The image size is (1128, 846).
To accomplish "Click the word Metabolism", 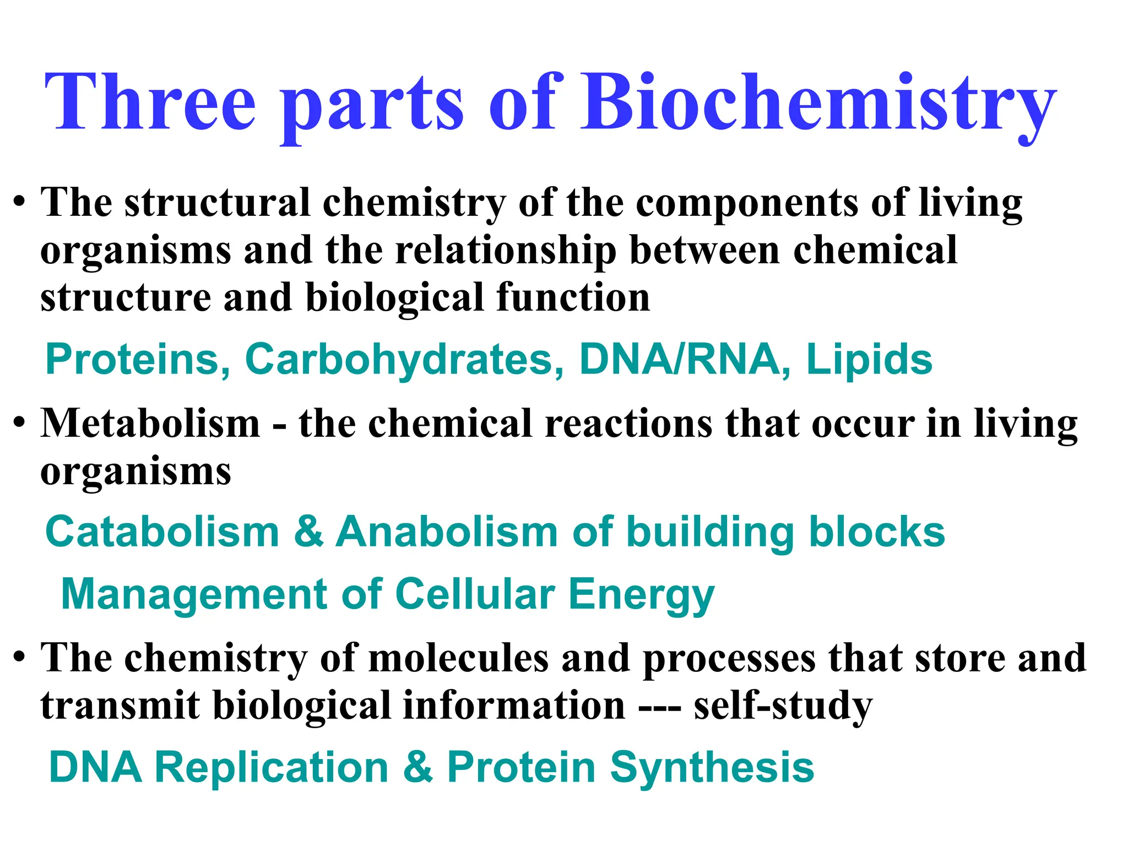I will tap(150, 424).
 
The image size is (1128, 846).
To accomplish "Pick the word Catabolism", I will tap(162, 532).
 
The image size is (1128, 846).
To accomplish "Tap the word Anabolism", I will tap(447, 532).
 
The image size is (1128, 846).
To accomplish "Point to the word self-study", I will tap(783, 707).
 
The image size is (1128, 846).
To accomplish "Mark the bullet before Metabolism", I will tap(20, 424).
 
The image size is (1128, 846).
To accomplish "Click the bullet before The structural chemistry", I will tap(20, 203).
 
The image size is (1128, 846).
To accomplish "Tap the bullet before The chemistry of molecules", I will tap(20, 658).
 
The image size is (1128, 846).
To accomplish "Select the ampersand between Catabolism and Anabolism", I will tap(308, 532).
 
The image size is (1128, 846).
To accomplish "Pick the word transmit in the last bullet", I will tap(120, 706).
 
